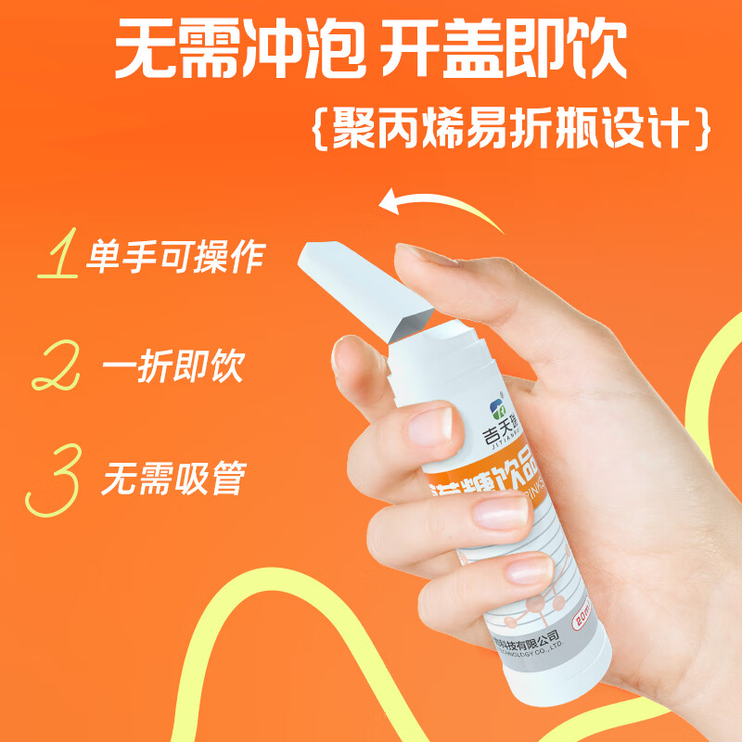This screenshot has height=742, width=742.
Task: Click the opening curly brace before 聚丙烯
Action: tap(320, 129)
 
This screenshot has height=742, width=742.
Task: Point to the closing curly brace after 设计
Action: tap(701, 129)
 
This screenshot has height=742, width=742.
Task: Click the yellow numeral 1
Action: tap(58, 257)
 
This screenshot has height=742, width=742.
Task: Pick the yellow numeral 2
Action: tap(55, 366)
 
